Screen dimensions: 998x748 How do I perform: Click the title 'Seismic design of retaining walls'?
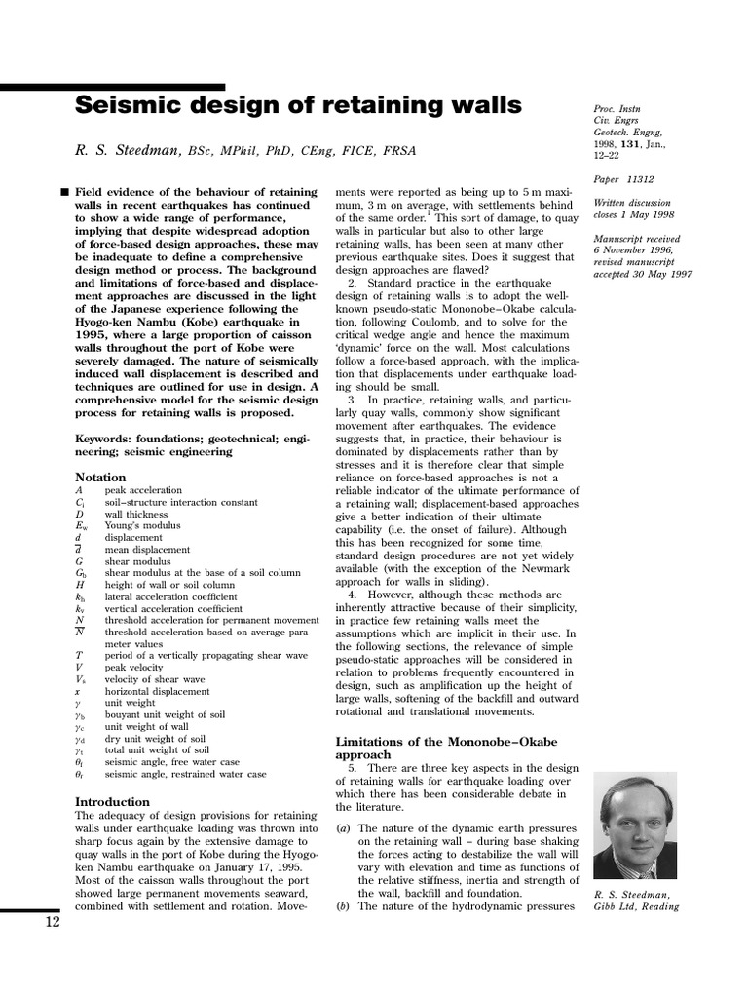(298, 105)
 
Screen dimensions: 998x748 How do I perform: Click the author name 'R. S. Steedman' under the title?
(129, 151)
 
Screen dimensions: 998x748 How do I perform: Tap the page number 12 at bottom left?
(53, 923)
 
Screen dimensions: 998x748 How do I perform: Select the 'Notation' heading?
(100, 477)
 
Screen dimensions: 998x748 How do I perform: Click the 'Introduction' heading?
(112, 801)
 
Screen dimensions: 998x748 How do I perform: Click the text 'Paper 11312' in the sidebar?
(623, 179)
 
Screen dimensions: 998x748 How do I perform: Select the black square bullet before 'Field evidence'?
(64, 191)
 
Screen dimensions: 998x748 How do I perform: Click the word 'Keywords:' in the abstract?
(104, 439)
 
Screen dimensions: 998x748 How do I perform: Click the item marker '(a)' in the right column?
(343, 828)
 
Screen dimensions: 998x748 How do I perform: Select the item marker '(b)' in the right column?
(343, 906)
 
